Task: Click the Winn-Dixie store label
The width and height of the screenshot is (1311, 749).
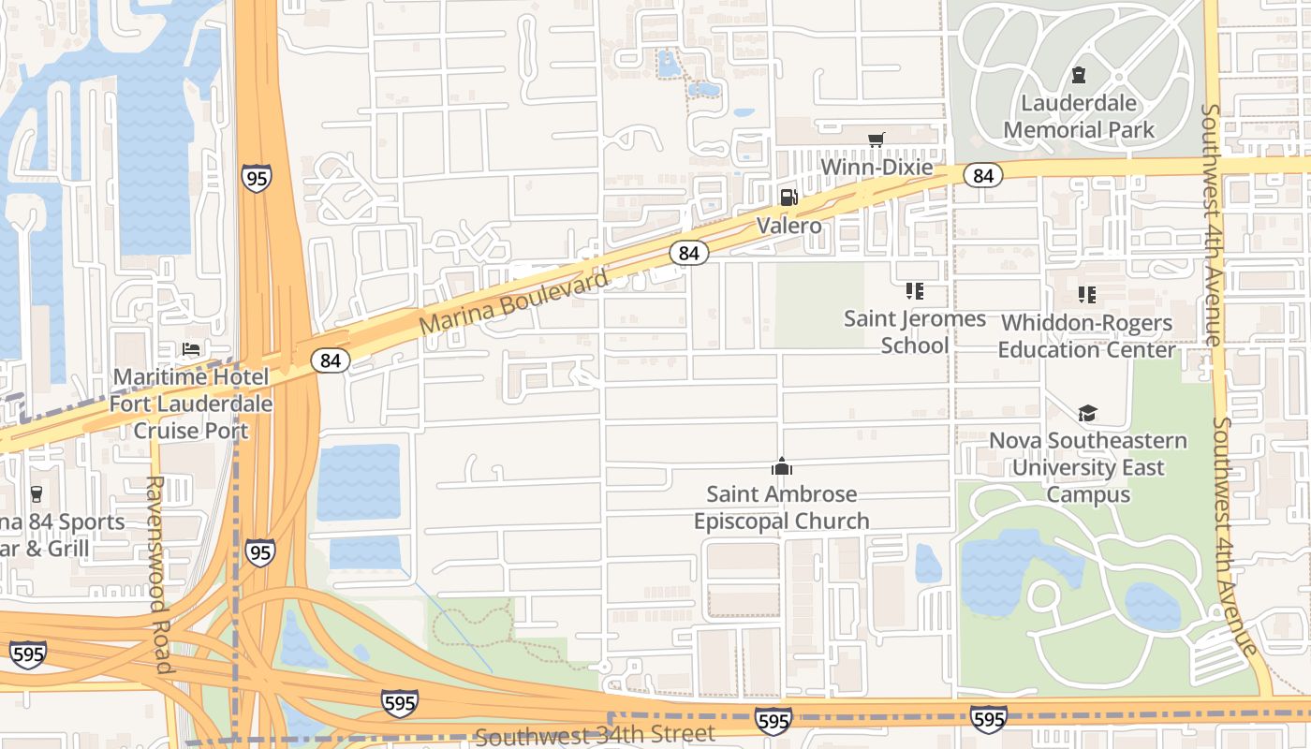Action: (876, 168)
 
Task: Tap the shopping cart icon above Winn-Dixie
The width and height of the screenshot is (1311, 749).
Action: (876, 140)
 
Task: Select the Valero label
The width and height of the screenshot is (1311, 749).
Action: (788, 226)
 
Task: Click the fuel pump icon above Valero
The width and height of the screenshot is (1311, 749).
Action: (788, 198)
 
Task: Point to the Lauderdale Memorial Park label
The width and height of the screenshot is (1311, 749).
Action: (1079, 116)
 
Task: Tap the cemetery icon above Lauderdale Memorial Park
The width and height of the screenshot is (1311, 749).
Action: (1079, 75)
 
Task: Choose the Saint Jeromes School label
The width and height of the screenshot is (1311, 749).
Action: (915, 331)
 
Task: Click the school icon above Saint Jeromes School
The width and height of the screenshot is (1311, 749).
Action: (915, 292)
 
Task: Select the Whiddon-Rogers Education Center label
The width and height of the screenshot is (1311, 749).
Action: (1086, 336)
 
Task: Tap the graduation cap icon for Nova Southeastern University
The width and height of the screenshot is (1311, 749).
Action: (1087, 413)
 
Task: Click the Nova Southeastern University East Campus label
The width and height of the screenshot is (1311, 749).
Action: (1088, 467)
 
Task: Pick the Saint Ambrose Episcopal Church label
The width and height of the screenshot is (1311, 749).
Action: (781, 507)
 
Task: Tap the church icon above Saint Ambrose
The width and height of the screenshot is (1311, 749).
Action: (782, 466)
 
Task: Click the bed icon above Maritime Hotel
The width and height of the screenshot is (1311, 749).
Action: (191, 349)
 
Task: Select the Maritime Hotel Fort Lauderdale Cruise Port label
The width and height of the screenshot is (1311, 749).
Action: (191, 404)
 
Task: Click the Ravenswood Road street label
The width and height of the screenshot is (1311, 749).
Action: (155, 574)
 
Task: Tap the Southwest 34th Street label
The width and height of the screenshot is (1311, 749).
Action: (595, 735)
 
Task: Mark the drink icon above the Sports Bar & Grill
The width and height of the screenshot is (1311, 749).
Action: (37, 493)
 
